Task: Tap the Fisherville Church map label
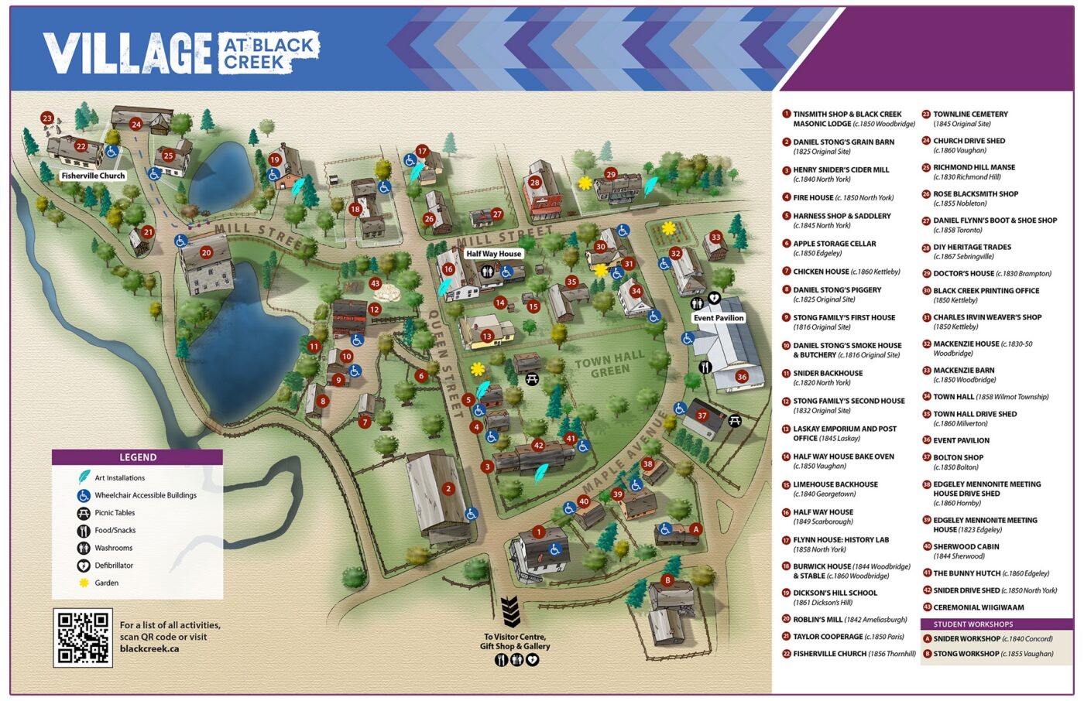click(x=93, y=176)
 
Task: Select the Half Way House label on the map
click(x=493, y=254)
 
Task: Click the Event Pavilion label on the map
click(x=718, y=318)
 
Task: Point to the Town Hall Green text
click(x=609, y=364)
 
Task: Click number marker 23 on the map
click(x=47, y=118)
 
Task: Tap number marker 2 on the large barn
click(x=448, y=489)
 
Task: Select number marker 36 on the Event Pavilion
click(x=741, y=377)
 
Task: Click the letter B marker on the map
click(x=667, y=580)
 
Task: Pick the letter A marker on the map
click(x=695, y=529)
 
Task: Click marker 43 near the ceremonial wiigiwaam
click(x=376, y=284)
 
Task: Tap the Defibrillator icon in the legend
click(x=84, y=566)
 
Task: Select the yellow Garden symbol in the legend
click(x=84, y=583)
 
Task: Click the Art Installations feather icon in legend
click(x=84, y=478)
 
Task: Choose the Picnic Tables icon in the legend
click(x=84, y=513)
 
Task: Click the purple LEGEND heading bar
click(x=137, y=457)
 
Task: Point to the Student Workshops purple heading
click(x=996, y=624)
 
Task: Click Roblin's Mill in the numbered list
click(x=849, y=620)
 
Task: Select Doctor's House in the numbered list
click(x=991, y=274)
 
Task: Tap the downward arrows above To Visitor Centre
click(x=509, y=612)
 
